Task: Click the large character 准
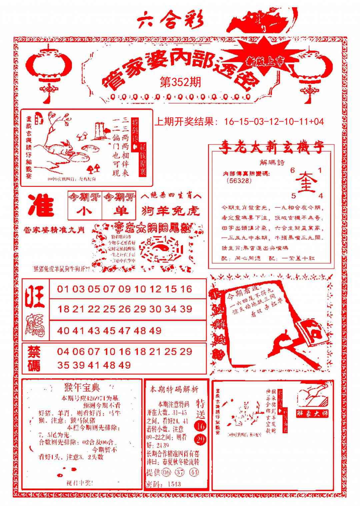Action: pyautogui.click(x=41, y=205)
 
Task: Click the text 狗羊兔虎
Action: pyautogui.click(x=170, y=210)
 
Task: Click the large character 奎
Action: pyautogui.click(x=306, y=182)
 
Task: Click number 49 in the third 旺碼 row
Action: pyautogui.click(x=155, y=331)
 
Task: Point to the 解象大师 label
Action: pyautogui.click(x=313, y=413)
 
